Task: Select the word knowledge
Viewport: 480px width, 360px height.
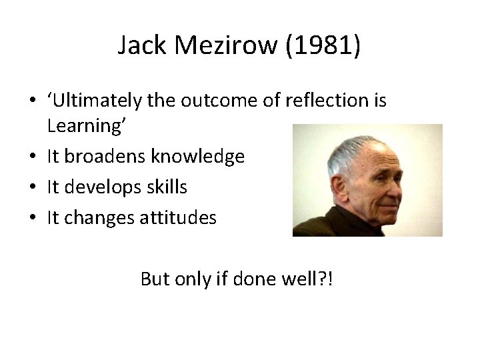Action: (x=199, y=157)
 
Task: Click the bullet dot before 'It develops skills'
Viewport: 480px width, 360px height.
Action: (x=33, y=188)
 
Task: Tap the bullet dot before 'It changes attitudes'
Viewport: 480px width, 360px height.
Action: (x=33, y=218)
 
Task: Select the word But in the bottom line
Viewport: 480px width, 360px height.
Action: (x=155, y=278)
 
